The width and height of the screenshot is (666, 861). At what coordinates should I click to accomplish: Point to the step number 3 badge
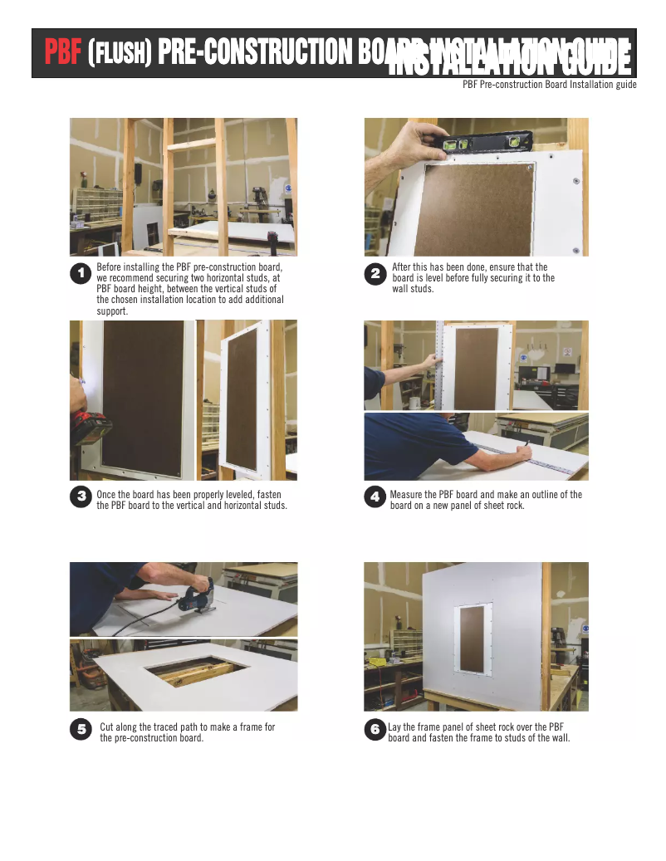(81, 497)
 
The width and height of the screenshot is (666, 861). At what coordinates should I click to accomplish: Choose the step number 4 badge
(375, 497)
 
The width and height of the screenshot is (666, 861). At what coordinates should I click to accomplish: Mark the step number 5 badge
(81, 729)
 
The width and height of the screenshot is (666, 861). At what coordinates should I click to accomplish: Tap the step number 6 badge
(375, 729)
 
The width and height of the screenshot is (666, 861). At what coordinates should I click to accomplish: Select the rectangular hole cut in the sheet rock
(193, 670)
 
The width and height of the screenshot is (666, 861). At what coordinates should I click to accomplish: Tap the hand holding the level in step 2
(411, 141)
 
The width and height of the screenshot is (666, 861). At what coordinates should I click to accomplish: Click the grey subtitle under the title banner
(549, 85)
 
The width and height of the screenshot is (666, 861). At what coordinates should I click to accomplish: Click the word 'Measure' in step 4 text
(407, 494)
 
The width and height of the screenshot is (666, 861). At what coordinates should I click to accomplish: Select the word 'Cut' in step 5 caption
(107, 726)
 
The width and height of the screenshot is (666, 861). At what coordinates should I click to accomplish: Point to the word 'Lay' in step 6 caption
(395, 726)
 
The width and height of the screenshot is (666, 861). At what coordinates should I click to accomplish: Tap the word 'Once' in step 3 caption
(106, 494)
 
